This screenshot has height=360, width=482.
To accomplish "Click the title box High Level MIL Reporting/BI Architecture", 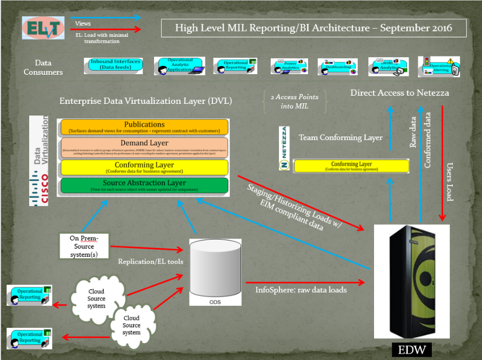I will (x=314, y=27).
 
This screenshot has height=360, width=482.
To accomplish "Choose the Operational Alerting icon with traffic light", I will (x=439, y=67).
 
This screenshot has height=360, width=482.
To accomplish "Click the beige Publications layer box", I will (x=144, y=127).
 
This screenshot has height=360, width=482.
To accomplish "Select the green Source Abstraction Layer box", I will (x=144, y=186).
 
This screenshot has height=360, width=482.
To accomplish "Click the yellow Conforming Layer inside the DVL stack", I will (x=144, y=167).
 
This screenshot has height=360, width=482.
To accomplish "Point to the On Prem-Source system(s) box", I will (x=85, y=246).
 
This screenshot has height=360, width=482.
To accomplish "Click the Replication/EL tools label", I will (x=151, y=261).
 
